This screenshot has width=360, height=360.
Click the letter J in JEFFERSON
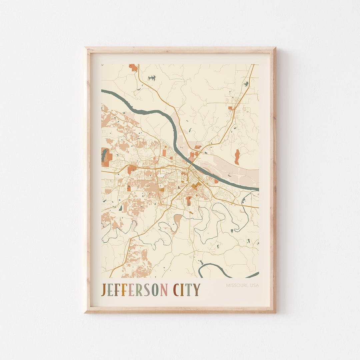pos(103,290)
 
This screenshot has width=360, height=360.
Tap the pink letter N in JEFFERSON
pos(164,290)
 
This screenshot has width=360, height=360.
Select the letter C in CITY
pos(176,290)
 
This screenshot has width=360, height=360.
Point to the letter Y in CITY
pos(197,290)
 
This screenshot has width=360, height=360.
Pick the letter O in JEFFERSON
pos(155,290)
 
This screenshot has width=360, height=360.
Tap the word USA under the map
pos(254,285)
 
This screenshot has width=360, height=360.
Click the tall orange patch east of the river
pos(237,157)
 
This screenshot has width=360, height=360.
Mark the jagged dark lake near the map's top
pos(152,78)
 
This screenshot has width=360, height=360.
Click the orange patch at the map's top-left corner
pos(133,68)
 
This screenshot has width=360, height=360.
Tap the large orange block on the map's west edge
pos(107,157)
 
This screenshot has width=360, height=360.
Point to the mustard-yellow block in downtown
pos(196,185)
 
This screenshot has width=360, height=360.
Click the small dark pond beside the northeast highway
pos(246,84)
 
